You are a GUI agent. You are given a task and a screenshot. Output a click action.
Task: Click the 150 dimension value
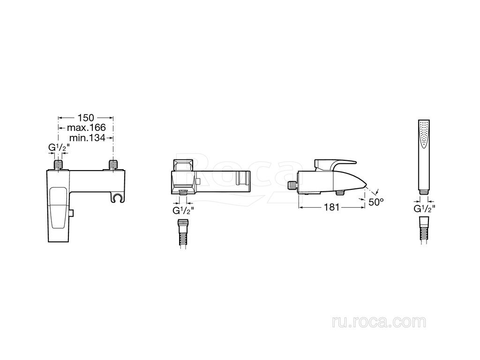pos(86,118)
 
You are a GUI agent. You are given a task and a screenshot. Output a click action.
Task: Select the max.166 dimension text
pos(86,127)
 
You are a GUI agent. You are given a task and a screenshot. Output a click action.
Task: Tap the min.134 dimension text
pos(87,138)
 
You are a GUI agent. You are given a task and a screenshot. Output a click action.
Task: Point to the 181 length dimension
pos(332,207)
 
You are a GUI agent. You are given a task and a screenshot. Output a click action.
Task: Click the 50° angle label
pos(376,202)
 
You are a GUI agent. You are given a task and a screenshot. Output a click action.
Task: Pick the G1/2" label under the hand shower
pos(425,209)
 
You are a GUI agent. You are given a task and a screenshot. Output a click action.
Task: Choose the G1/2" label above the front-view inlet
pos(59,148)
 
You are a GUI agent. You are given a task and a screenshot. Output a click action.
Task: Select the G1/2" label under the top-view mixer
pos(183,210)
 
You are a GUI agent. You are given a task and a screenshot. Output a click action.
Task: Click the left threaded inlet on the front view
pos(58,165)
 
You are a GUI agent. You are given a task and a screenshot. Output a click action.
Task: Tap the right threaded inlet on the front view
pos(113,165)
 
